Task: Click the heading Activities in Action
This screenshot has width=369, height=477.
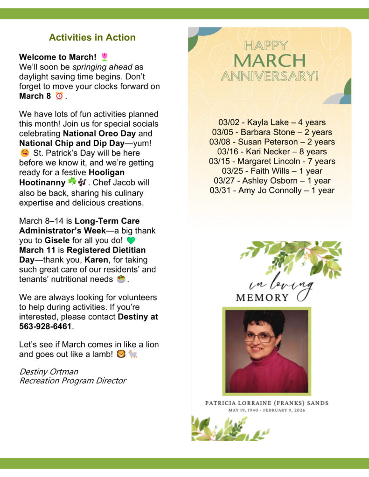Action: (x=92, y=38)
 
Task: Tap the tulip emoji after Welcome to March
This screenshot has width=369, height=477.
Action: (x=104, y=57)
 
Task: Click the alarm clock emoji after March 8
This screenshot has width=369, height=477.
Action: (x=59, y=96)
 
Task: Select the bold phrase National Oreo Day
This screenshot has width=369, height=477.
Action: (x=99, y=133)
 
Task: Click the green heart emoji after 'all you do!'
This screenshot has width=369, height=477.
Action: (x=131, y=241)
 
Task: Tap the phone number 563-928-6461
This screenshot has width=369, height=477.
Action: (x=46, y=327)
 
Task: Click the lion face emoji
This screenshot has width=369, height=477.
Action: (x=121, y=354)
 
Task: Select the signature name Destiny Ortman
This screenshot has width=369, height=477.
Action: (x=49, y=372)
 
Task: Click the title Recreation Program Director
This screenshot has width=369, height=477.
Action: (x=72, y=381)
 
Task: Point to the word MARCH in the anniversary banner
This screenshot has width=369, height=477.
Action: (x=270, y=61)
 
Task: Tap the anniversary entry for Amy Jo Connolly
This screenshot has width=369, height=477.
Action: (x=272, y=191)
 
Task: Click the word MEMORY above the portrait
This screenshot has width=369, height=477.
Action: (x=262, y=298)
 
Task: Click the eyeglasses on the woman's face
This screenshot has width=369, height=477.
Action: (x=259, y=337)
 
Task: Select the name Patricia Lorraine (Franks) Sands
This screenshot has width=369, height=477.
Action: (x=266, y=403)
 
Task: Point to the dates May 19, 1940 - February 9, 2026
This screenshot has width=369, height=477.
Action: (x=266, y=410)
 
